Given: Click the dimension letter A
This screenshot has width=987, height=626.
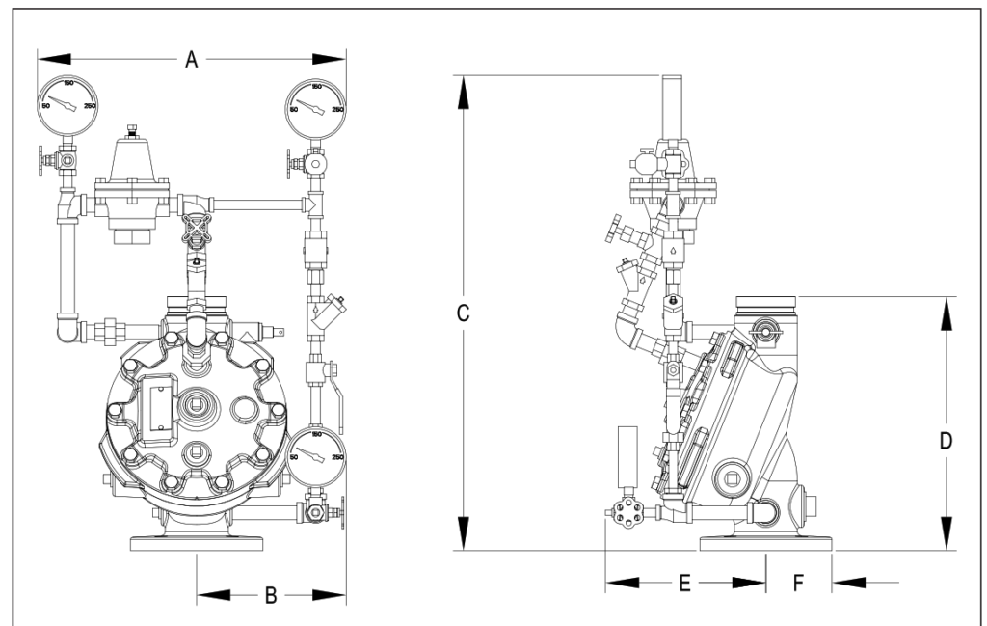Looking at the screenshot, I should coord(191,61).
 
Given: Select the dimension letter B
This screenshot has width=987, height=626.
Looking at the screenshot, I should coord(271,596).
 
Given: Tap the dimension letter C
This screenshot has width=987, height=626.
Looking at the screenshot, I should coord(463,313).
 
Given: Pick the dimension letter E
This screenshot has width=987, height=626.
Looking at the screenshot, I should coord(684,583).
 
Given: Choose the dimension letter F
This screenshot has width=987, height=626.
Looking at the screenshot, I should coord(797,583).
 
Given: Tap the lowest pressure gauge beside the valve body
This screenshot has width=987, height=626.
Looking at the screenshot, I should coord(316,451).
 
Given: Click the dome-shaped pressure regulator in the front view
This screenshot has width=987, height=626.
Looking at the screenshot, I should coord(135,159).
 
